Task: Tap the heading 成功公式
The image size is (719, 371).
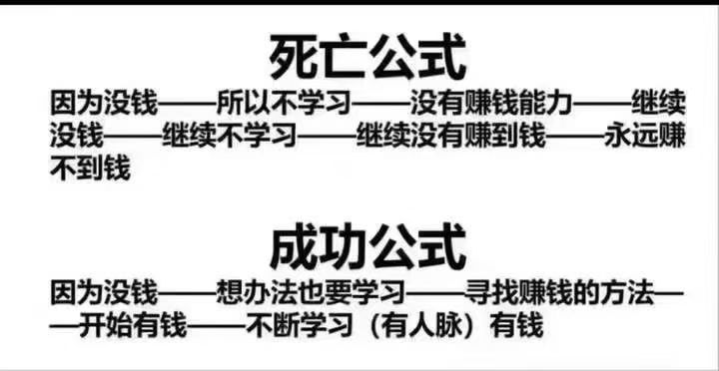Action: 367,250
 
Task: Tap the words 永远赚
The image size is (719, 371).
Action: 645,136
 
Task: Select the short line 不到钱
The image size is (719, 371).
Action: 90,169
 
